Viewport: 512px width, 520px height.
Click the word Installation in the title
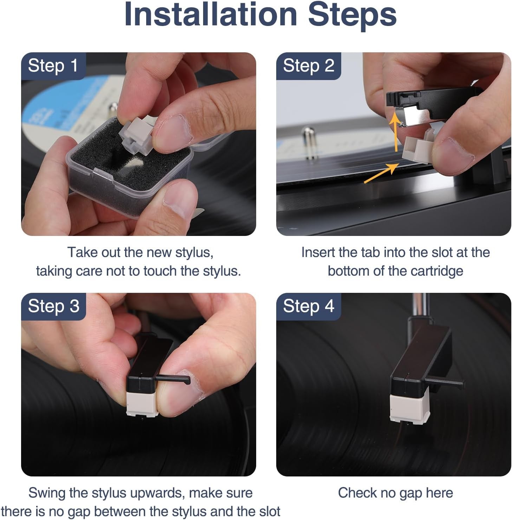point(210,14)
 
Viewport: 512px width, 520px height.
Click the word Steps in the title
point(352,14)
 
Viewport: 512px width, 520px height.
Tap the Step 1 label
point(53,66)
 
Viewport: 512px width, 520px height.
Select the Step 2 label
point(309,66)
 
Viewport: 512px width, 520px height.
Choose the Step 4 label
point(309,306)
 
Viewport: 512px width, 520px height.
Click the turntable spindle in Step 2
point(311,144)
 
